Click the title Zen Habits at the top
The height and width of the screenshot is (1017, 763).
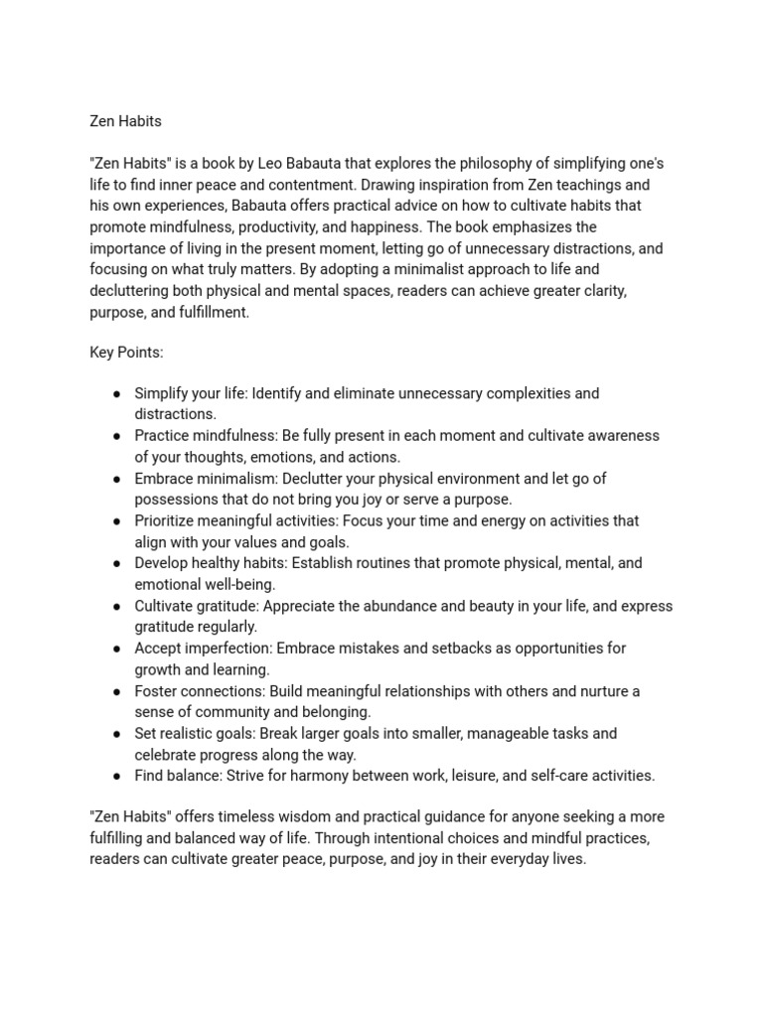(125, 121)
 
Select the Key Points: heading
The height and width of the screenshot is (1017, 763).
(126, 353)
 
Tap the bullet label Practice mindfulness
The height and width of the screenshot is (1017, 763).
(206, 436)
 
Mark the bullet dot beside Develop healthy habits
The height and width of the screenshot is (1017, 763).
(116, 563)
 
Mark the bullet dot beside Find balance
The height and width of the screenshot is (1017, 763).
(116, 776)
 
